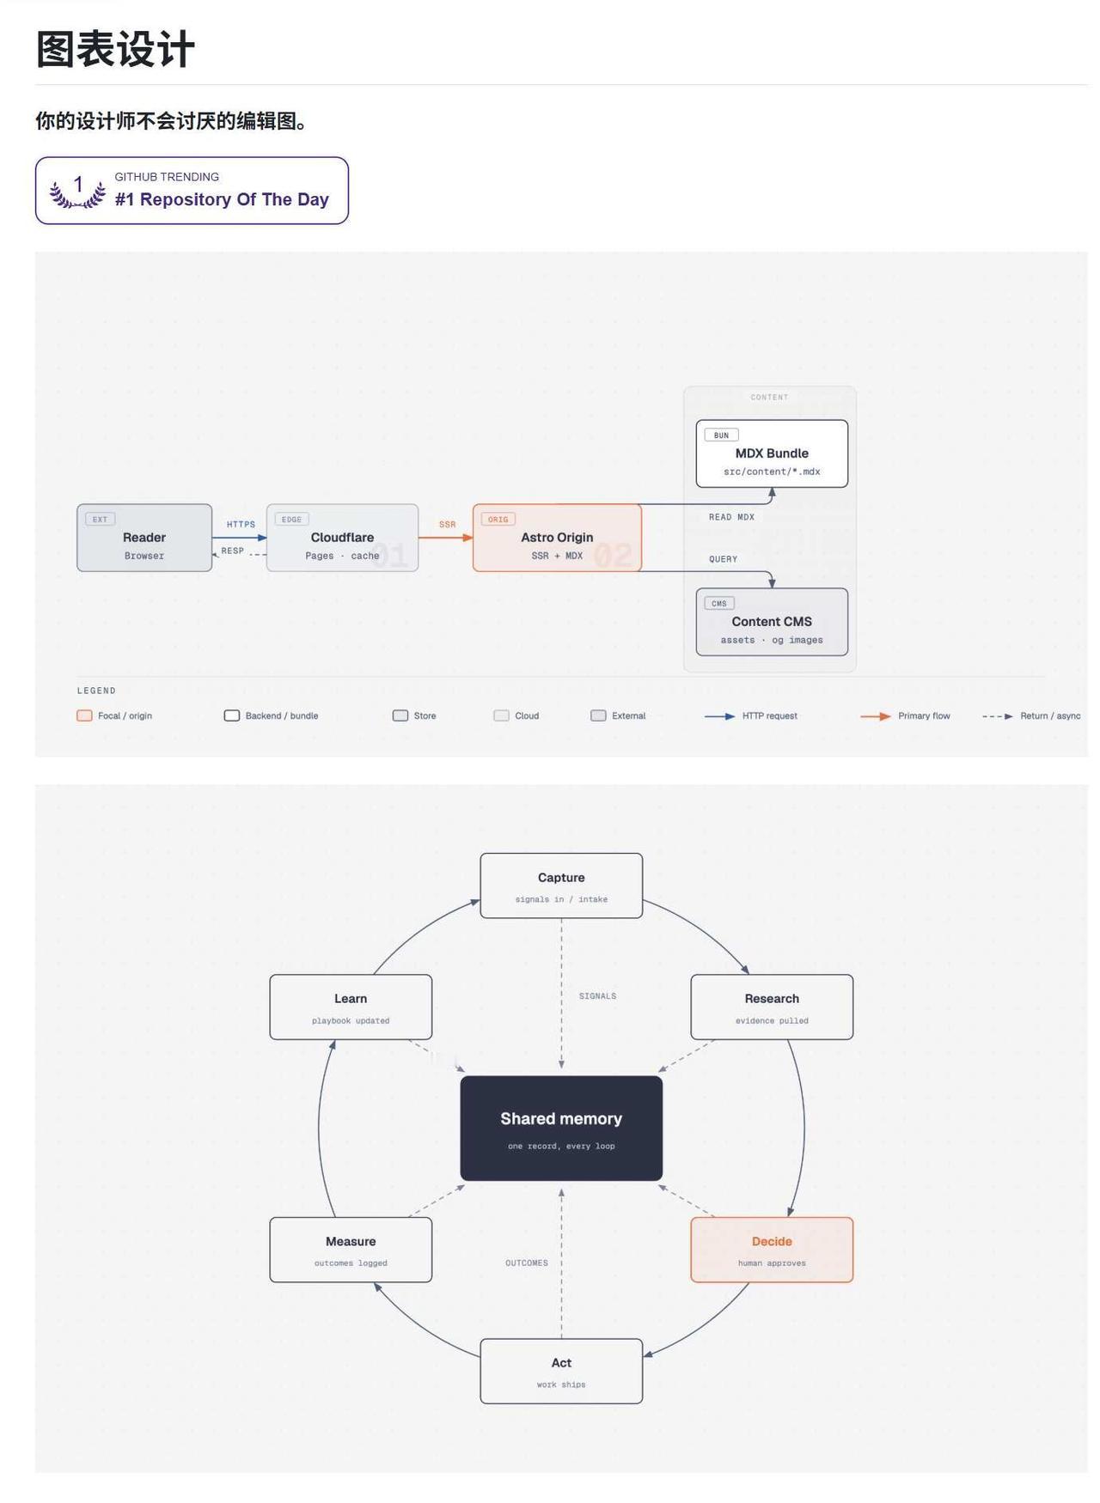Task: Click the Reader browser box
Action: coord(144,538)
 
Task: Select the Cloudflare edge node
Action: coord(342,538)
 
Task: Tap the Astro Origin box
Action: coord(557,538)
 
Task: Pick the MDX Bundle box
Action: coord(772,453)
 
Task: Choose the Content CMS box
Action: coord(772,622)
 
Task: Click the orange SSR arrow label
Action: coord(448,525)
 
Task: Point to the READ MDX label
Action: coord(731,517)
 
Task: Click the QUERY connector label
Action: coord(723,559)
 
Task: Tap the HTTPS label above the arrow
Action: coord(241,525)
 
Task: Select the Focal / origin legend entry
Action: coord(114,715)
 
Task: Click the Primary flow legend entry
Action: coord(905,715)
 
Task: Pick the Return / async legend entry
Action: coord(1031,715)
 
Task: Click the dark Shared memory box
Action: coord(561,1129)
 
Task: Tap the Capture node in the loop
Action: coord(561,885)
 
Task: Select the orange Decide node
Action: coord(772,1250)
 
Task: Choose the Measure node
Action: coord(351,1250)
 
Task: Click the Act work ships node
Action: coord(561,1371)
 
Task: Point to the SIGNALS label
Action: coord(597,996)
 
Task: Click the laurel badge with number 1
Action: coord(77,191)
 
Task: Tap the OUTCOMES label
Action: coord(527,1263)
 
